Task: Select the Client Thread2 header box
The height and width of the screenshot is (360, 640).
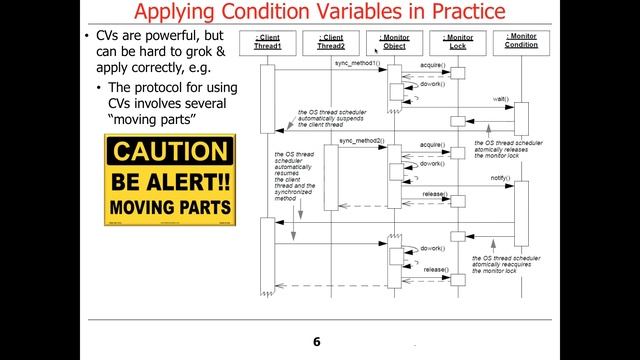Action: point(331,41)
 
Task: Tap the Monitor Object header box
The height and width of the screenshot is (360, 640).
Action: point(394,41)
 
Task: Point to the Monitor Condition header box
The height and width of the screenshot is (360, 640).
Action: point(520,41)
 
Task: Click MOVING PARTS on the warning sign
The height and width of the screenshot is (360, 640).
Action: point(171,209)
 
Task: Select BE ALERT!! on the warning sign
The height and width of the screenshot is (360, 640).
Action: point(171,182)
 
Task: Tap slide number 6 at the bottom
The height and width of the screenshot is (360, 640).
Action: point(316,342)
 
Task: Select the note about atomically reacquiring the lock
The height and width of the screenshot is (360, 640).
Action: point(507,265)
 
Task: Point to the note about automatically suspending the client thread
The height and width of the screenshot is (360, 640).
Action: point(330,119)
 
